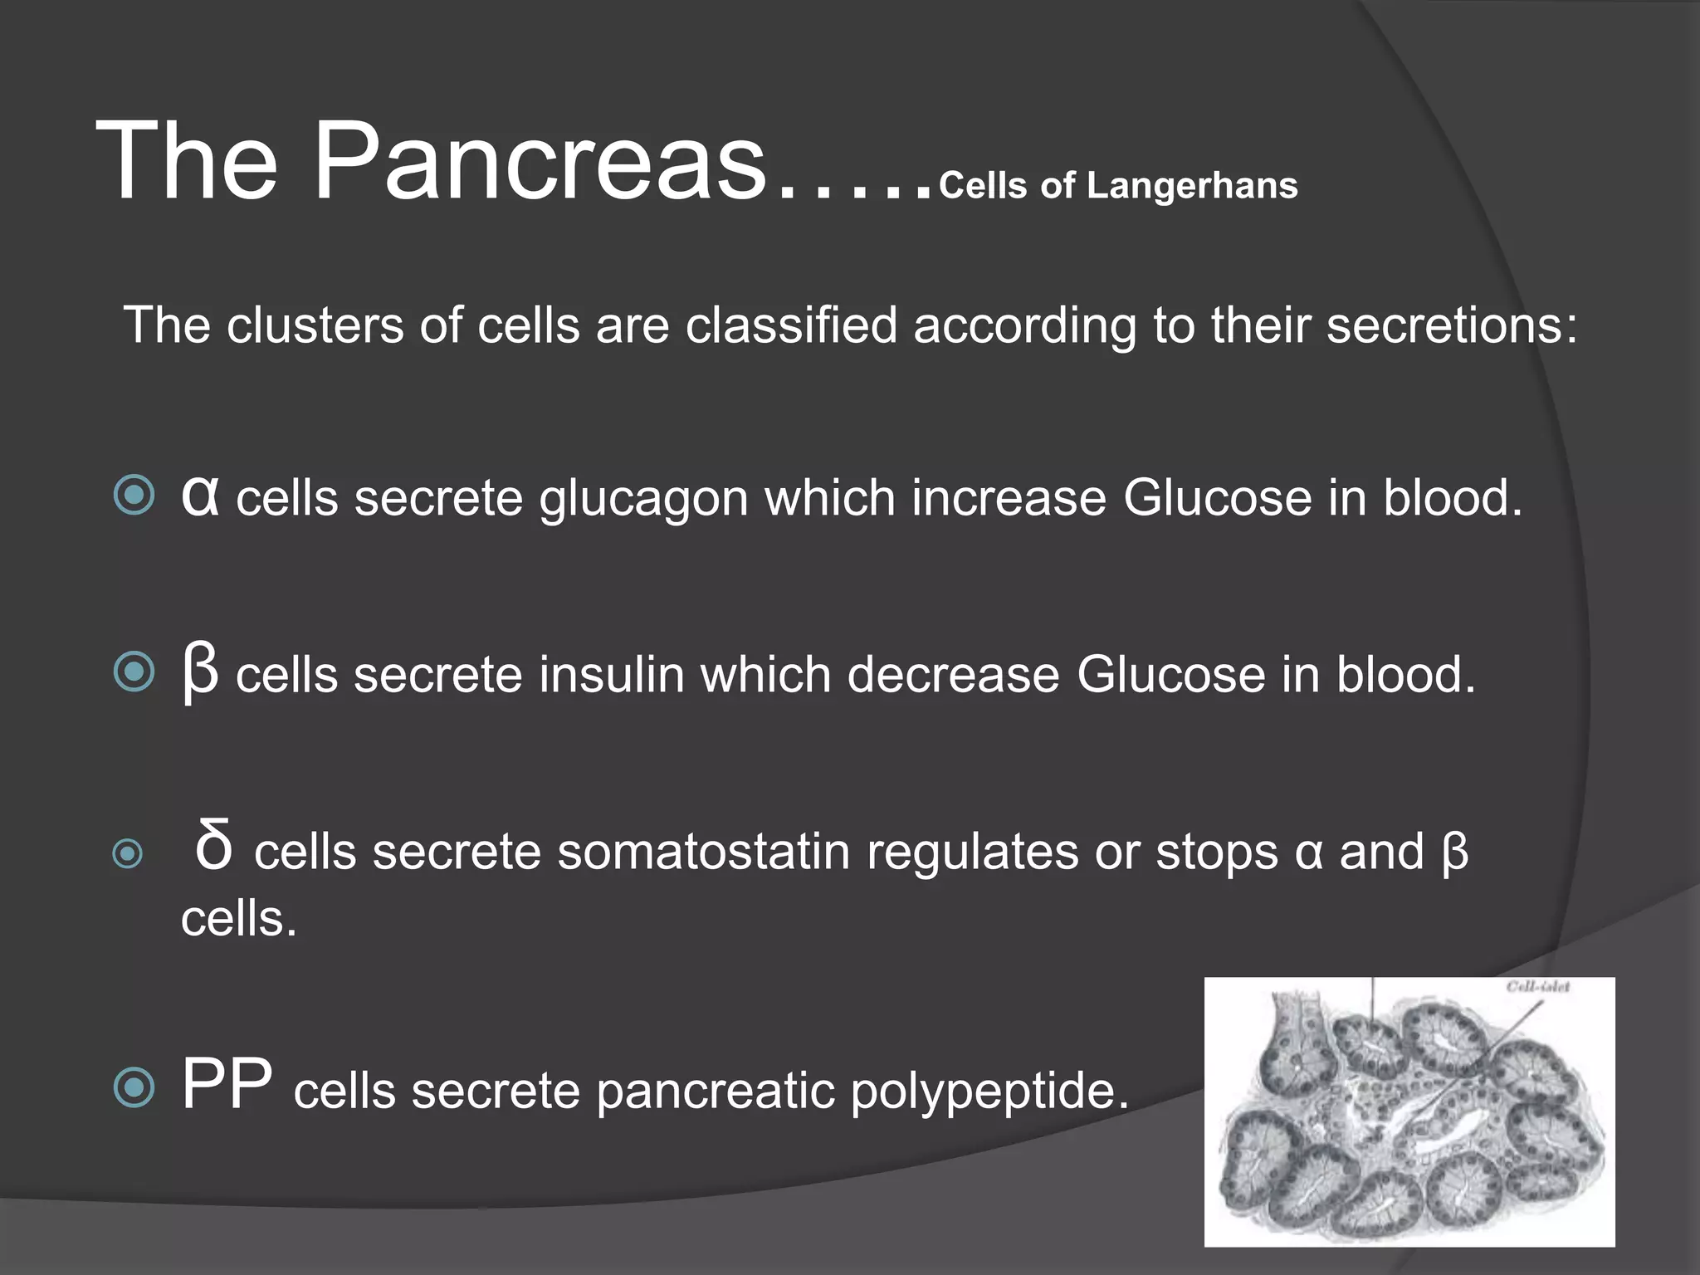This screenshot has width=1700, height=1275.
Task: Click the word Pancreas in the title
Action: coord(540,162)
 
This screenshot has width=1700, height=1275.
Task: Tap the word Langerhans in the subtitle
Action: coord(1192,186)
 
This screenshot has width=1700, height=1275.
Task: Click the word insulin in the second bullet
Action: coord(611,674)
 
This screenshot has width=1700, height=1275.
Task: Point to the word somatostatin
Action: coord(704,852)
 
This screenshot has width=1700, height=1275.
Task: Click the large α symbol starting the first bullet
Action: coord(200,496)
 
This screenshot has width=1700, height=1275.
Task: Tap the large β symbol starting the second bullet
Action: coord(200,672)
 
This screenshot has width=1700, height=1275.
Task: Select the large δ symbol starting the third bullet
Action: coord(213,847)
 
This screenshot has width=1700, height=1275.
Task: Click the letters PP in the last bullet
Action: coord(227,1084)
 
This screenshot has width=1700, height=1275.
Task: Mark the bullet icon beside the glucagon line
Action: coord(134,496)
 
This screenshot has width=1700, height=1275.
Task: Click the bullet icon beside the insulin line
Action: coord(134,672)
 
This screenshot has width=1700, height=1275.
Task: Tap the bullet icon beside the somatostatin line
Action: coord(128,853)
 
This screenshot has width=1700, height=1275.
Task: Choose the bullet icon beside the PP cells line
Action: coord(134,1087)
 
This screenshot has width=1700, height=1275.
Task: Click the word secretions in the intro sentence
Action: coord(1452,325)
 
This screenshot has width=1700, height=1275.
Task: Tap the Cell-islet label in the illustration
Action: coord(1537,987)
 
